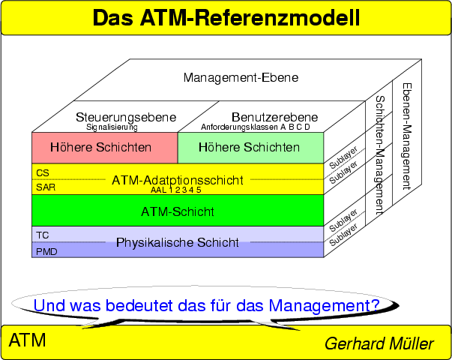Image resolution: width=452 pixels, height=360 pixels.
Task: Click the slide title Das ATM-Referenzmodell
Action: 226,18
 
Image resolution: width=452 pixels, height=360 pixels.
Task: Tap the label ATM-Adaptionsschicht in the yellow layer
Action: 177,180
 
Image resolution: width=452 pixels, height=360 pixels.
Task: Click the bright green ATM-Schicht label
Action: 177,211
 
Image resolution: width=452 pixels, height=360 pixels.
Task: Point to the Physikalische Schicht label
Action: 177,242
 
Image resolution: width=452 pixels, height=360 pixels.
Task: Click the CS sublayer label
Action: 42,172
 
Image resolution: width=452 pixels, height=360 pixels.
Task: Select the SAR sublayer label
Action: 45,187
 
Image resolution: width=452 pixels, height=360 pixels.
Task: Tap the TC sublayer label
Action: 42,235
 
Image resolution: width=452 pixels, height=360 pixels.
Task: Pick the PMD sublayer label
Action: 46,252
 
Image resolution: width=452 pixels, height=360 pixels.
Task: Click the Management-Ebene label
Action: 241,77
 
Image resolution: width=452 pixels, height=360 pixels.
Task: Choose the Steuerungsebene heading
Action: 126,117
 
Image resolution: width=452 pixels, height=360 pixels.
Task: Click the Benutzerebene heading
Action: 274,117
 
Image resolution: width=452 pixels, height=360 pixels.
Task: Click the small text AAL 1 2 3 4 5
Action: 177,190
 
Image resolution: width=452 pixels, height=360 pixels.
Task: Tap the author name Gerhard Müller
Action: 379,344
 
